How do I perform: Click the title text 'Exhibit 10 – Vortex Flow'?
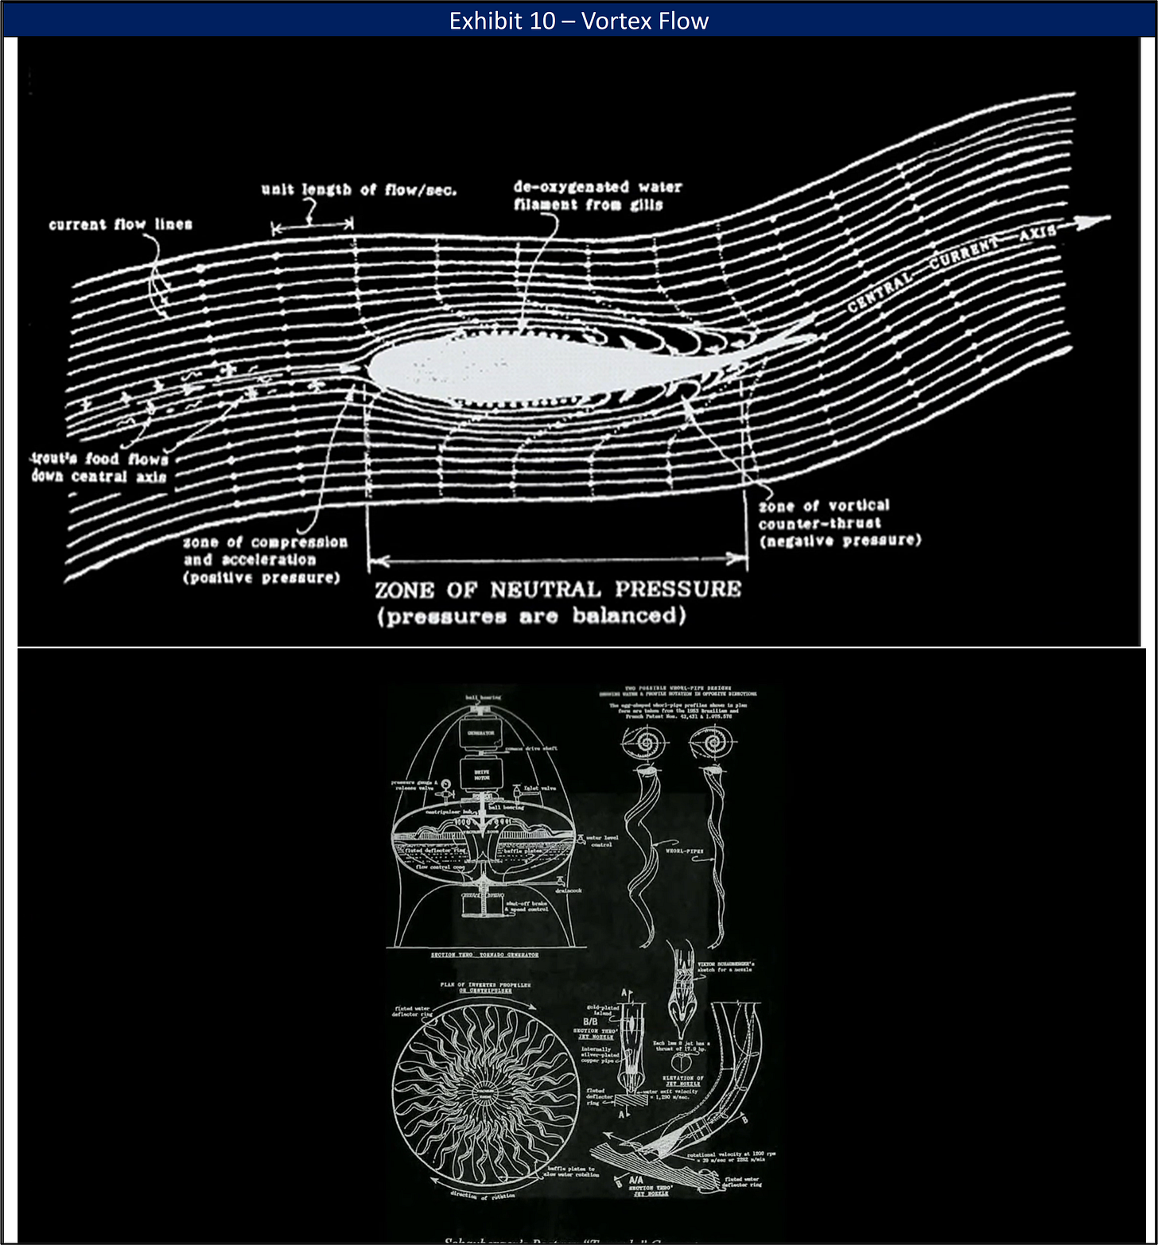(x=578, y=21)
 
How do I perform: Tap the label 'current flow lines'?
(x=121, y=224)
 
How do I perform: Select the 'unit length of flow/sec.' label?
(x=359, y=189)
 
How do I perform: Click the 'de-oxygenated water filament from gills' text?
(x=596, y=196)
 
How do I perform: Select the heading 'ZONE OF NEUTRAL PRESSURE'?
(x=558, y=590)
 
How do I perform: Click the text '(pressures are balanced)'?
(x=531, y=616)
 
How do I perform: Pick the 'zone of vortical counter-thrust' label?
(x=839, y=523)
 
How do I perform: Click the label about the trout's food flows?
(x=100, y=467)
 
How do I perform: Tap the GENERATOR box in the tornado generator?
(x=480, y=733)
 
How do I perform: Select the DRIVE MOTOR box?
(x=482, y=774)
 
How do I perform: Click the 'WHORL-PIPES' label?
(x=684, y=851)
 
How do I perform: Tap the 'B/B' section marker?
(x=590, y=1022)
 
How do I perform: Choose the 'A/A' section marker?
(x=636, y=1181)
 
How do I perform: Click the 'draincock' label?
(x=568, y=890)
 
